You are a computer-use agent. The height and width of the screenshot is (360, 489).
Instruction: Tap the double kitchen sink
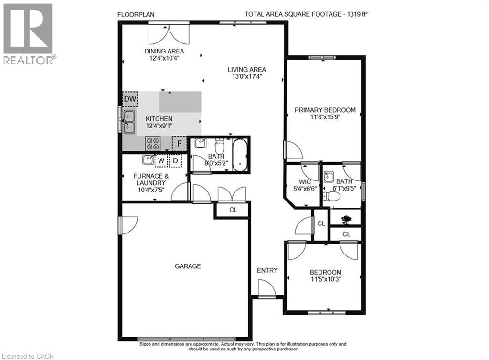pos(129,121)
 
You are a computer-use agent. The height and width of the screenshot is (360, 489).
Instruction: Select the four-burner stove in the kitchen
pos(152,143)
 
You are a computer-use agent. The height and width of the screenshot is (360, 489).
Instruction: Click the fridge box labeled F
pos(179,143)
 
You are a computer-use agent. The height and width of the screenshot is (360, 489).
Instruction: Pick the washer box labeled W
pos(161,160)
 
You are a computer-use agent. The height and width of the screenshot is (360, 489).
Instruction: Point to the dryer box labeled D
pos(175,160)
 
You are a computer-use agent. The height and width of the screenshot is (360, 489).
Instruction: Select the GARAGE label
pos(187,266)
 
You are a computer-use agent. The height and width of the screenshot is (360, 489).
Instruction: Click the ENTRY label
pos(267,270)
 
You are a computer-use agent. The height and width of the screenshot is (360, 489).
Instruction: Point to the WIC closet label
pos(305,182)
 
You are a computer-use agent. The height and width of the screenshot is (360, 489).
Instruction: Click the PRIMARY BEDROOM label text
pos(325,110)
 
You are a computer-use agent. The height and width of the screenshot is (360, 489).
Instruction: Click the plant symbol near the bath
pos(345,219)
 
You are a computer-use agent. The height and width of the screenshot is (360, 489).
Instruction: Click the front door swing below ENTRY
pos(266,288)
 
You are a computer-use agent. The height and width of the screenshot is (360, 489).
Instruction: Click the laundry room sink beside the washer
pos(148,160)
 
